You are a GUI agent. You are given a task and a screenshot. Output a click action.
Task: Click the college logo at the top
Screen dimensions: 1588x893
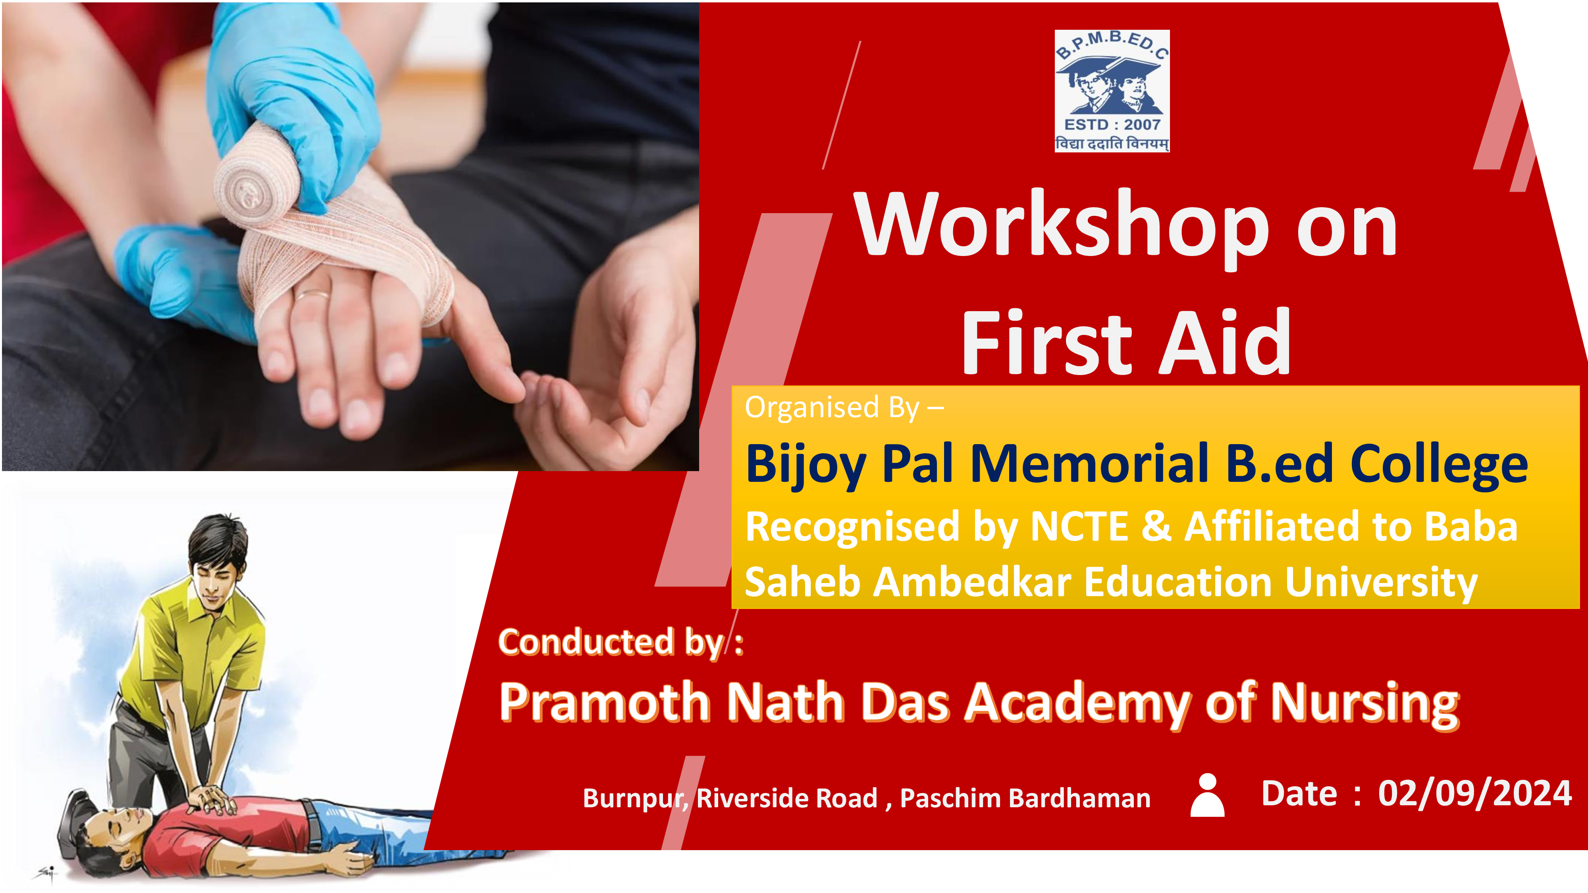(x=1112, y=90)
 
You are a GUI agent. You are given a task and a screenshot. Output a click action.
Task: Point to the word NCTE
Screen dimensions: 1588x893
(x=1079, y=527)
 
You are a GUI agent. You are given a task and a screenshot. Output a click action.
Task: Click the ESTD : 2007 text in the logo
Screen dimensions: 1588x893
(x=1112, y=125)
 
